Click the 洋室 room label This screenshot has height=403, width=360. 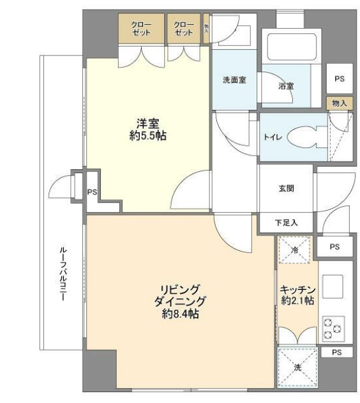pos(147,123)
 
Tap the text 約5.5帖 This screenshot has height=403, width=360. pos(147,135)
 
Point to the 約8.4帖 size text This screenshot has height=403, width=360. pos(181,314)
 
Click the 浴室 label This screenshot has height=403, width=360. pos(286,85)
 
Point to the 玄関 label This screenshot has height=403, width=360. pos(285,189)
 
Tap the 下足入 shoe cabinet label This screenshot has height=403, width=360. pos(285,223)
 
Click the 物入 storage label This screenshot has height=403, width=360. pos(339,102)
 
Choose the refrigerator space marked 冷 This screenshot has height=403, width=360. pos(295,249)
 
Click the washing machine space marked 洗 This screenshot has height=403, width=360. pos(297,368)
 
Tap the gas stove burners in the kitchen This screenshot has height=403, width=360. pos(333,327)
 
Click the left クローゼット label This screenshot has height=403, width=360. pos(141,29)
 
